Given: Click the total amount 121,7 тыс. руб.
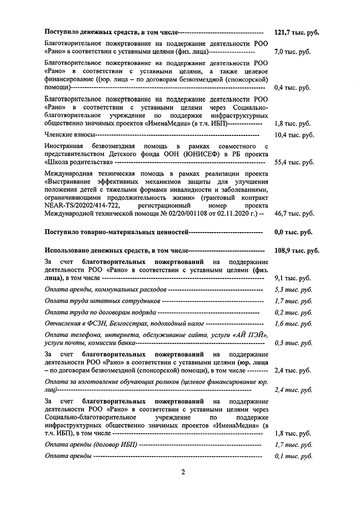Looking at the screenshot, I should pyautogui.click(x=297, y=32).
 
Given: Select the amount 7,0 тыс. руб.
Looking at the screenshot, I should pyautogui.click(x=293, y=52).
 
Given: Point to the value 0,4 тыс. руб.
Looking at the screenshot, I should pyautogui.click(x=293, y=88).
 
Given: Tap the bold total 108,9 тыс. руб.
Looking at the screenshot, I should pyautogui.click(x=297, y=251).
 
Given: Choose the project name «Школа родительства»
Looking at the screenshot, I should pyautogui.click(x=79, y=162).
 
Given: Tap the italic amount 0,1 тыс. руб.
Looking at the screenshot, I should pyautogui.click(x=293, y=456).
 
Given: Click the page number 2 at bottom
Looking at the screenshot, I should pyautogui.click(x=182, y=471).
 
